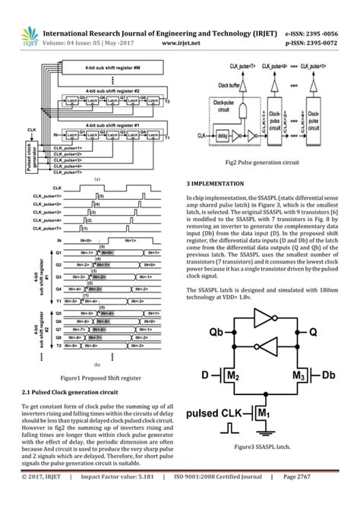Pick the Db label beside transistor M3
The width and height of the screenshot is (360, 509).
pos(328,376)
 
